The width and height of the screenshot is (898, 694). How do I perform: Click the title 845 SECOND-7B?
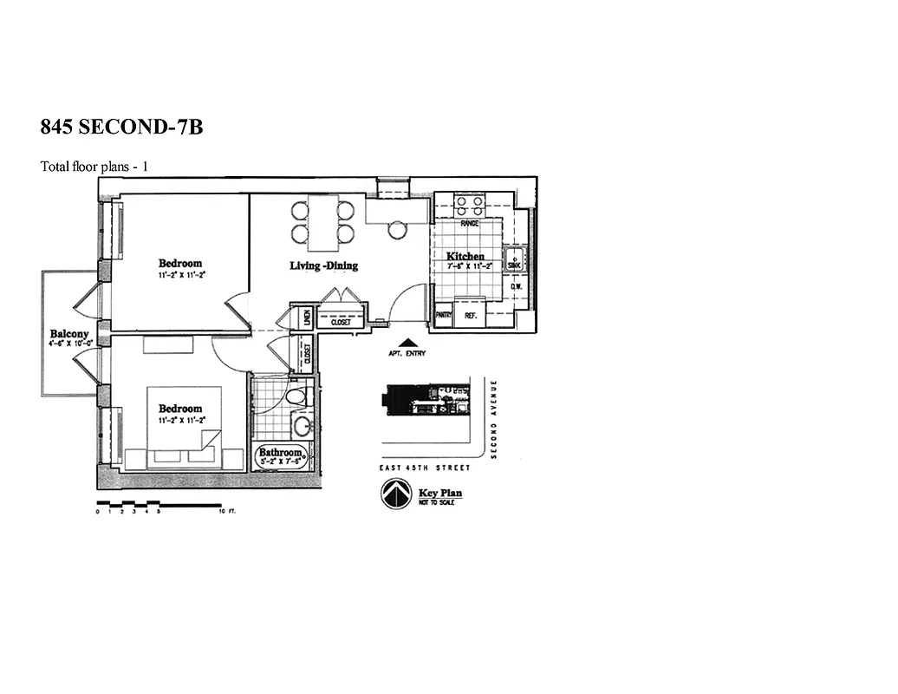pos(121,127)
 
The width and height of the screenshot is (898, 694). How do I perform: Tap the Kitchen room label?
pos(465,257)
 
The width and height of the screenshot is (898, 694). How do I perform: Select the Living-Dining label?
pos(323,266)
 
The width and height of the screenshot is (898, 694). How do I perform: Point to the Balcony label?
pos(69,334)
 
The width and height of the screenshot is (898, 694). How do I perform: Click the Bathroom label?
pos(281,453)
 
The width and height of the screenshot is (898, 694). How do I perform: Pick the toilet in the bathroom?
pos(296,397)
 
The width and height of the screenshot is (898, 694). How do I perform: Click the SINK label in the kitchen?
pos(514,257)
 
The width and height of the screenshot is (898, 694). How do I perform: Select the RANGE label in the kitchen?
pos(469,224)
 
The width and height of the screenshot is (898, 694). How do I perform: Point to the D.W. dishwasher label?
pos(515,287)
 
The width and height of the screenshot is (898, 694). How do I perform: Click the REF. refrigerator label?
pos(471,316)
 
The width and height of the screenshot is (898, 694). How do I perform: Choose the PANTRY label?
pos(443,316)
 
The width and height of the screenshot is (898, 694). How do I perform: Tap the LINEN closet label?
pos(306,318)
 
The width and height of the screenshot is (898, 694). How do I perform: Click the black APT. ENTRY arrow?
pos(407,343)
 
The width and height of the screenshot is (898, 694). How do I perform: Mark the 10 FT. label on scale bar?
pos(228,512)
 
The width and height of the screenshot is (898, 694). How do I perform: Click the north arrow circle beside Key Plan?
pos(394,495)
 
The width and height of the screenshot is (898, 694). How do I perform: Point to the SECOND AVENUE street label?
pos(493,419)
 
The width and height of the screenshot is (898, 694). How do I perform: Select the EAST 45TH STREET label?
pos(426,468)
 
